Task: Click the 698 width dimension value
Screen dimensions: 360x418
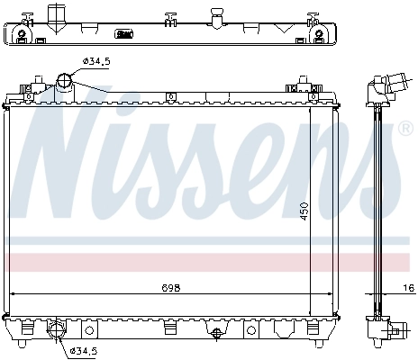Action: click(x=171, y=288)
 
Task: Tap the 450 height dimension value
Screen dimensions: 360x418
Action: click(x=304, y=211)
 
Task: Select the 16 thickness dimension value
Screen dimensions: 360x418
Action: click(x=408, y=288)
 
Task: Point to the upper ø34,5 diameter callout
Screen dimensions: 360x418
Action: click(x=96, y=61)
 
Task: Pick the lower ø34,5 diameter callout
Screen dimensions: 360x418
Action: click(x=85, y=350)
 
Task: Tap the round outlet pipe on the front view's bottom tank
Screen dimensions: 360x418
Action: click(x=57, y=329)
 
